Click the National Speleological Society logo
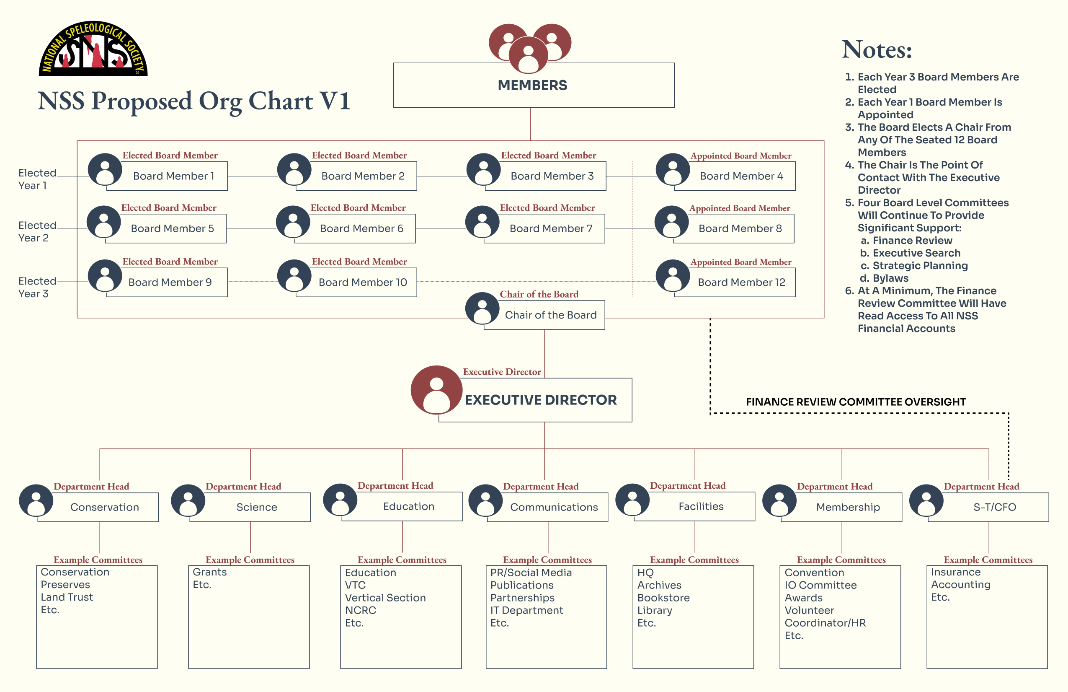[x=93, y=49]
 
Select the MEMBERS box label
[x=532, y=86]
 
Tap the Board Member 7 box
[x=551, y=228]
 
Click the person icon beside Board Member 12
[x=673, y=276]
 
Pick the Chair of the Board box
[x=551, y=315]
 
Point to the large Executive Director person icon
[x=436, y=390]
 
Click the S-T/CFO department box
[x=994, y=508]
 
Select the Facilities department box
[x=701, y=507]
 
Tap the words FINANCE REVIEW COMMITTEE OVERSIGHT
[x=855, y=402]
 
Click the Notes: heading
[x=876, y=49]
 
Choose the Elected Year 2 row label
[x=34, y=232]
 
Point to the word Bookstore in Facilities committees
[x=663, y=598]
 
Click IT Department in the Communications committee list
[x=526, y=610]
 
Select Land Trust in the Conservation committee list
[x=67, y=597]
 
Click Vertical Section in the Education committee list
[x=385, y=598]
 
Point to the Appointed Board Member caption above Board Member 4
[x=741, y=156]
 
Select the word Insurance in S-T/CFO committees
[x=956, y=572]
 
